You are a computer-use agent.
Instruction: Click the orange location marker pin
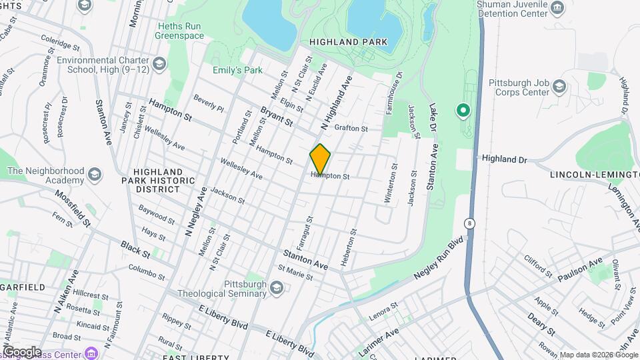[320, 159]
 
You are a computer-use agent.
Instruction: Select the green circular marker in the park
[462, 109]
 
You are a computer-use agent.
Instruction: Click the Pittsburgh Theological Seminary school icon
[277, 287]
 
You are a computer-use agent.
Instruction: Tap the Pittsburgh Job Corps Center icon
[559, 87]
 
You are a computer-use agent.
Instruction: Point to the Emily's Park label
[237, 70]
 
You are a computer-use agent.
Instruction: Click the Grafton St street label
[351, 128]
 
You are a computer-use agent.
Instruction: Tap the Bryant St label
[277, 117]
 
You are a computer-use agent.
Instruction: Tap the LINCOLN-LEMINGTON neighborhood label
[594, 175]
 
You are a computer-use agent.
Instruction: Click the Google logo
[21, 351]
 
